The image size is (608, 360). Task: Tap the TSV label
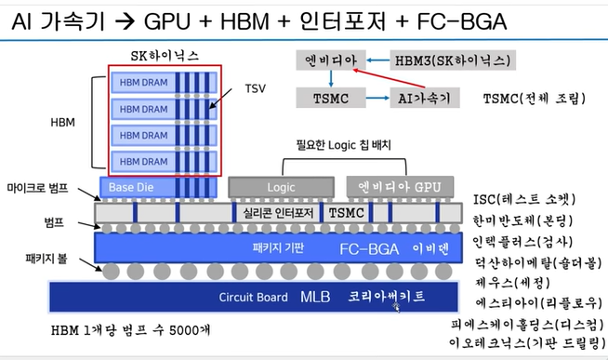coord(254,89)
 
